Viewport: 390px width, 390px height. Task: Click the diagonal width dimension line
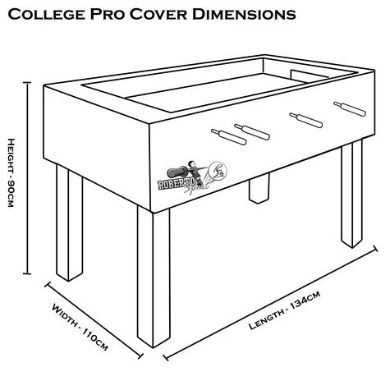pos(89,312)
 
